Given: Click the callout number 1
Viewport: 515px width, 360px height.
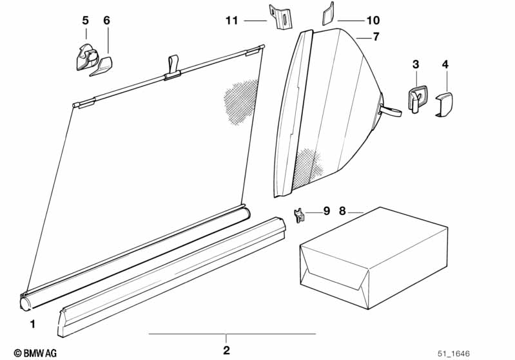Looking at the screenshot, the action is coord(32,324).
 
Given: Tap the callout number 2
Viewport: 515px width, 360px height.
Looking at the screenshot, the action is coord(227,350).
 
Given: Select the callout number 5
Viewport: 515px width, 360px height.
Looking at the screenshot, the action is coord(85,21).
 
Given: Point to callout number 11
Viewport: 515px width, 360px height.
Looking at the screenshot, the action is coord(231,21).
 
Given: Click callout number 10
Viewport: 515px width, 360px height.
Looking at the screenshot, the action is coord(373,21).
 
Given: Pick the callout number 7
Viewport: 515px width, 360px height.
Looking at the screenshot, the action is coord(376,37).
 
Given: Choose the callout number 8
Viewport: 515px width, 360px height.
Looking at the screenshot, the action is coord(342,211).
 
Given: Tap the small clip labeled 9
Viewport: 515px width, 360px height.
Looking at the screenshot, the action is coord(299,215).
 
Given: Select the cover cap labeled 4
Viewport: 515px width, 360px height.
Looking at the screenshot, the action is coord(444,104).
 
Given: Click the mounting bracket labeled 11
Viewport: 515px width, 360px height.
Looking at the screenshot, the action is coord(280,17).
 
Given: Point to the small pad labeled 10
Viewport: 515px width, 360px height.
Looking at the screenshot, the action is coord(328,14).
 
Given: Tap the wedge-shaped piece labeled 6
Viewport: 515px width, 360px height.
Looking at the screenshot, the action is coord(101,66).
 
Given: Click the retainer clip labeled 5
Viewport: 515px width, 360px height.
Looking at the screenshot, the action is coord(87,57).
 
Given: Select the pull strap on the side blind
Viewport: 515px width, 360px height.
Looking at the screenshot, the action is coord(390,111).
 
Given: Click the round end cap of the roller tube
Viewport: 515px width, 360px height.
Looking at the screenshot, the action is coord(25,303).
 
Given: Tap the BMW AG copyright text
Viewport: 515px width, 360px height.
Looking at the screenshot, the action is coord(35,353).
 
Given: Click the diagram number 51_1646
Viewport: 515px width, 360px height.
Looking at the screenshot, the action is coord(454,354).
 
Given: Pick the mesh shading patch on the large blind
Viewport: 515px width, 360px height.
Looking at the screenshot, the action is coord(240,101).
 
